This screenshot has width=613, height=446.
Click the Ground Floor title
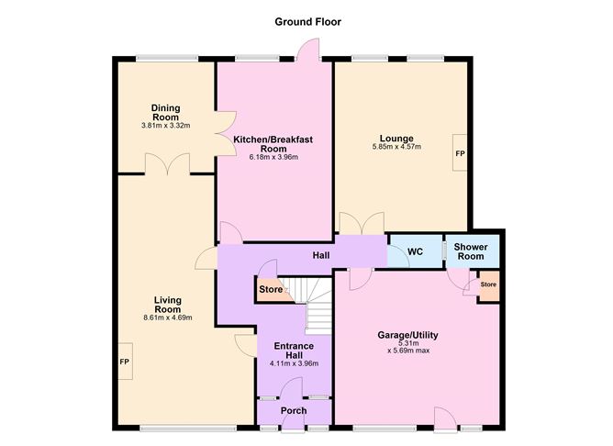coord(307,22)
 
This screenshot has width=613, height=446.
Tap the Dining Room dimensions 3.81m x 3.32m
coord(166,126)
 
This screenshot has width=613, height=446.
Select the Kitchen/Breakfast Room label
coord(273,144)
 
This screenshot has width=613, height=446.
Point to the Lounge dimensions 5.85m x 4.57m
coord(396,147)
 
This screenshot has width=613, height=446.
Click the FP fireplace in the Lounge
coord(460,153)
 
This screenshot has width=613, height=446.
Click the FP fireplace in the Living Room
coord(125,362)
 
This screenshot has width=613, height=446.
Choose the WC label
coord(415,251)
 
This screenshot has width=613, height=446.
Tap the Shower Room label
coord(471,251)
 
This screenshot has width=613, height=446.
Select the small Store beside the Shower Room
coord(488,286)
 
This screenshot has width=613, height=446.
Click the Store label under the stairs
coord(271,290)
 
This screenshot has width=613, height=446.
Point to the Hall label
coord(321,255)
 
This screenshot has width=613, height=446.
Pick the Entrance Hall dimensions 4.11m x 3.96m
coord(294,363)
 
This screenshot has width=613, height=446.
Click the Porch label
coord(294,410)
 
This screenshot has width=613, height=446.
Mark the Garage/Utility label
coord(407,335)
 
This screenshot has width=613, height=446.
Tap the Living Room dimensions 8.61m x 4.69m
coord(168,318)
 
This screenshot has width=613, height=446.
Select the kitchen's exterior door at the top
coord(308,50)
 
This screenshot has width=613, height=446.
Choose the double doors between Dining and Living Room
coord(168,164)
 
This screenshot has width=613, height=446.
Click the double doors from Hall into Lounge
coord(362,223)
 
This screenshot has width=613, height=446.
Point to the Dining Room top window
coord(167,59)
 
